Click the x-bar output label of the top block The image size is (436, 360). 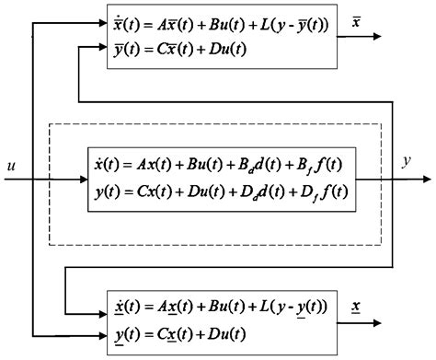pos(358,20)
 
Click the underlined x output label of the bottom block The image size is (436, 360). pos(356,304)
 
